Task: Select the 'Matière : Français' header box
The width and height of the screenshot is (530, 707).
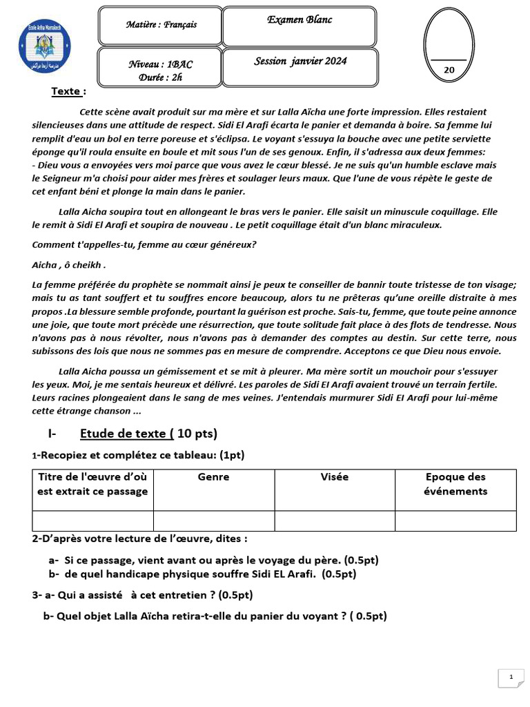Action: [x=161, y=25]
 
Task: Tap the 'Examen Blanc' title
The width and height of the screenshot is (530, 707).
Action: [x=300, y=20]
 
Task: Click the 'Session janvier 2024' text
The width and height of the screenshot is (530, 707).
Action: [x=300, y=61]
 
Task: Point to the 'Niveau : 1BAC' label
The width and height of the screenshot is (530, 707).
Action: [x=161, y=64]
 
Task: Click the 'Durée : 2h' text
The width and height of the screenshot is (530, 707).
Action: [x=161, y=77]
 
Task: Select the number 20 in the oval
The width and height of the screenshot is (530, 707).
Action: [x=449, y=70]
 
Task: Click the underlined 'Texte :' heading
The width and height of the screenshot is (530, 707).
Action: [x=69, y=91]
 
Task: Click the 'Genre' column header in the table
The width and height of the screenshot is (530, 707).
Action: [x=213, y=477]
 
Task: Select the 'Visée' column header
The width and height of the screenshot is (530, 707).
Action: [x=335, y=477]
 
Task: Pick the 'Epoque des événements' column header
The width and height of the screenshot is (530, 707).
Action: [x=455, y=484]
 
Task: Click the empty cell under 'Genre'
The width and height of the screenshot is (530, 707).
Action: [x=213, y=521]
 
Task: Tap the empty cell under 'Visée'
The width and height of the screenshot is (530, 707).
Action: [x=335, y=521]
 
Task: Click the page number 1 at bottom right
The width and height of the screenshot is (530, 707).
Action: [x=511, y=677]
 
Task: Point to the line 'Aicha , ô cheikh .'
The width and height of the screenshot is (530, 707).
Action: [x=69, y=265]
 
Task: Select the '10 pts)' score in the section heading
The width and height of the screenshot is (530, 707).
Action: [x=197, y=434]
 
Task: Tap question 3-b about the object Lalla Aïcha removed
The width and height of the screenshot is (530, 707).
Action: [x=215, y=616]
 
